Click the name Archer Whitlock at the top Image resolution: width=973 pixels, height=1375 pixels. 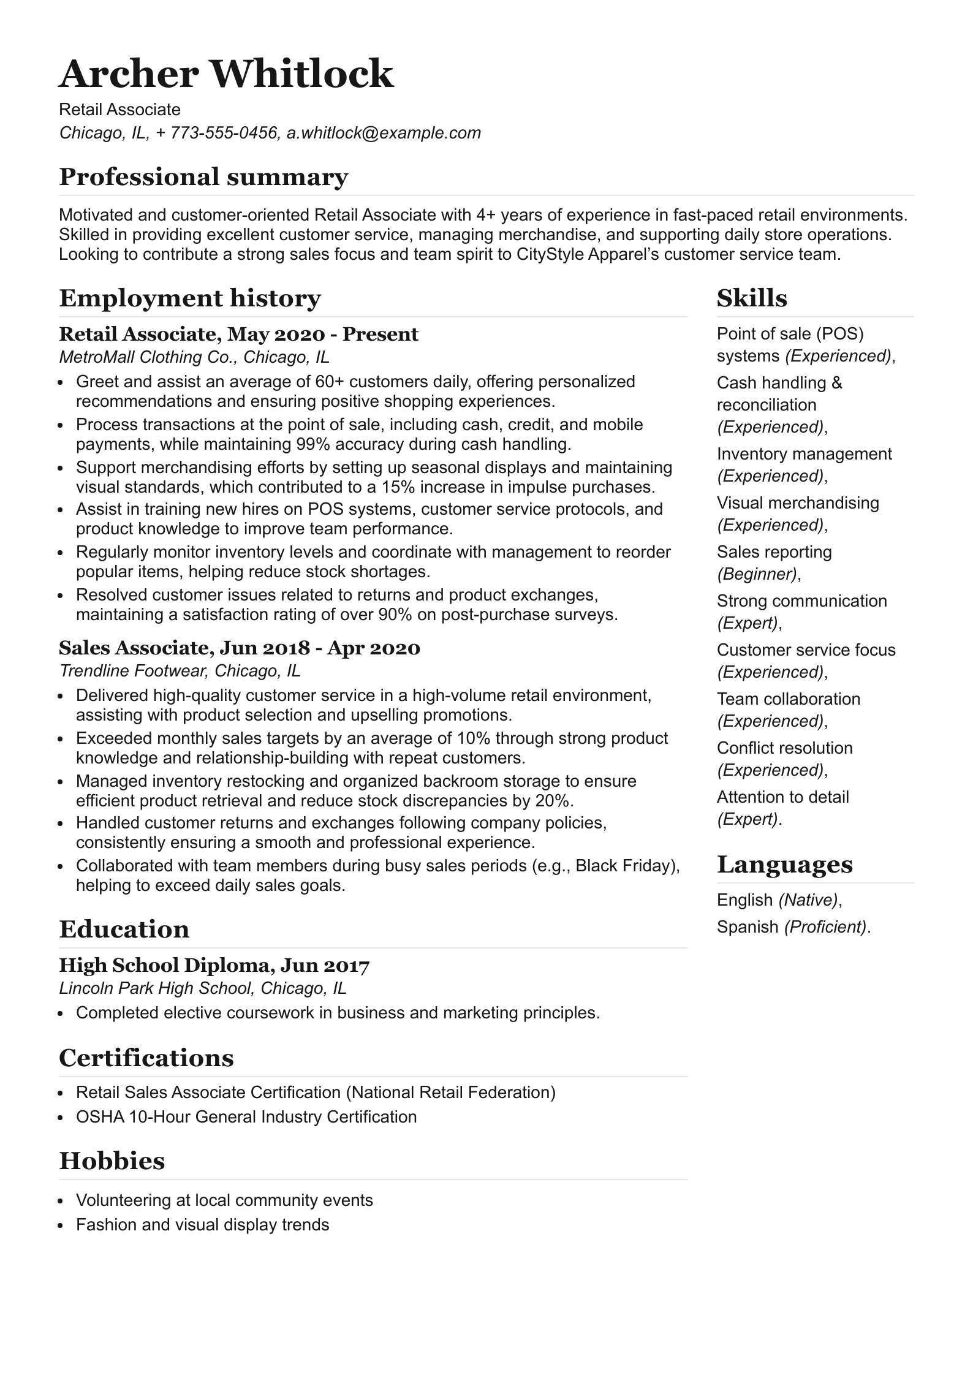click(225, 74)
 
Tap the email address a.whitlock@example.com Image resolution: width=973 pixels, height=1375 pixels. click(384, 133)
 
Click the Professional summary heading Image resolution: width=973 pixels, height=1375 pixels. click(203, 177)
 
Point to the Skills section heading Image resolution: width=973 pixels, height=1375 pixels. click(751, 298)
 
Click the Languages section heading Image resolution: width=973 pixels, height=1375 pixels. click(784, 865)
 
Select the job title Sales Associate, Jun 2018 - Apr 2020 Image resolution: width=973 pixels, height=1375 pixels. click(239, 648)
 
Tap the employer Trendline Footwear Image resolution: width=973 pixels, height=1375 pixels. click(132, 670)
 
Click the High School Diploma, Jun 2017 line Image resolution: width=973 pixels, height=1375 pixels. click(214, 965)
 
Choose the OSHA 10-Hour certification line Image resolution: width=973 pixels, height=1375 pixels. click(246, 1116)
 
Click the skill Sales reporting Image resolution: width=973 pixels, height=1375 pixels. click(774, 551)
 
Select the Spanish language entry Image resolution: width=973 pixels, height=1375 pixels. click(748, 926)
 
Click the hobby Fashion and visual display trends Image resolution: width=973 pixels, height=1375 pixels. click(202, 1224)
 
